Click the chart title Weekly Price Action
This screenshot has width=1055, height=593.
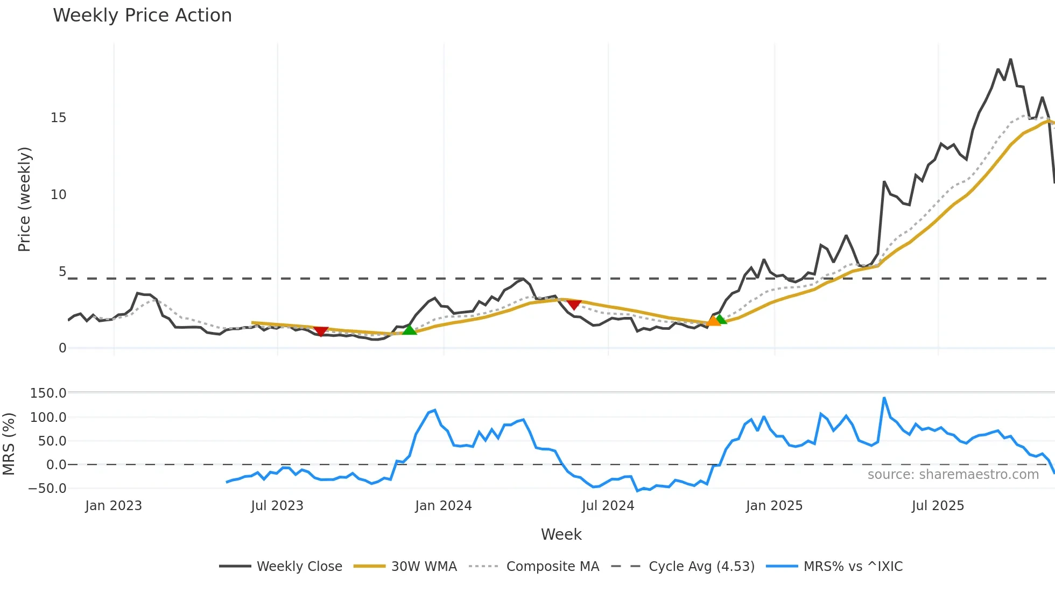tap(142, 16)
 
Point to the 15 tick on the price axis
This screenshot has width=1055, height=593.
tap(58, 118)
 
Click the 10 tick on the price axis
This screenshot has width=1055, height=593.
tap(58, 195)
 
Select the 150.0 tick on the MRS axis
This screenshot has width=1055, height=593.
tap(48, 393)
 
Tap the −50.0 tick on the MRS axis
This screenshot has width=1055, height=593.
tap(47, 489)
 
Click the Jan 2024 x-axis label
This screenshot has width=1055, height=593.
tap(443, 506)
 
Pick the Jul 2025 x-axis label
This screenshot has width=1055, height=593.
tap(938, 506)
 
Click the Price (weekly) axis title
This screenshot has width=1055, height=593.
tap(24, 199)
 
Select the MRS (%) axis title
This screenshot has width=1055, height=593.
tap(9, 444)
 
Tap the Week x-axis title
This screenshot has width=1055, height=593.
tap(561, 534)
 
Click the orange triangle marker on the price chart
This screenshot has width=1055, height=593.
tap(713, 321)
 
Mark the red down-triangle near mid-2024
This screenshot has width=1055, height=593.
tap(574, 305)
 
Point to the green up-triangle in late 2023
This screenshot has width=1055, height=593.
tap(409, 329)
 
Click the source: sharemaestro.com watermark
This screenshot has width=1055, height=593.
tap(953, 475)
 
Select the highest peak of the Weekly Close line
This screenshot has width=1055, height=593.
tap(1010, 59)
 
